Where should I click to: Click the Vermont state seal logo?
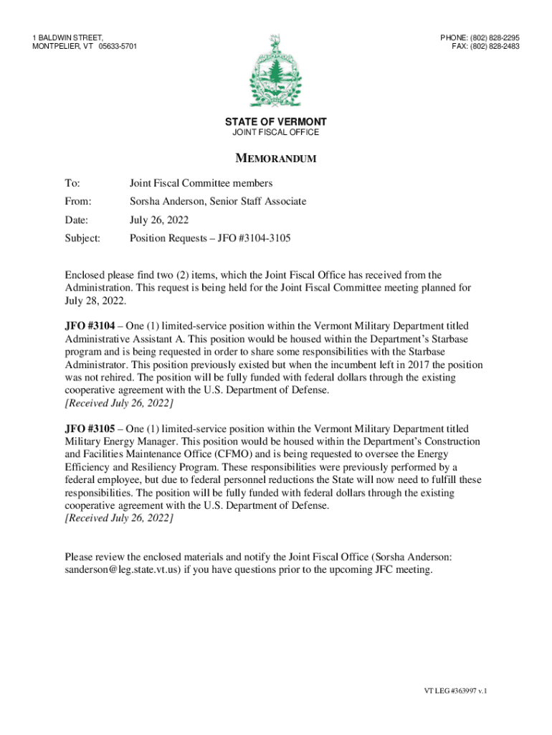coord(275,71)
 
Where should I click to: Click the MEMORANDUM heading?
coord(276,159)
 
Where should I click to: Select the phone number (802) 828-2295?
coord(495,37)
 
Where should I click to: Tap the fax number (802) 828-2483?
coord(495,47)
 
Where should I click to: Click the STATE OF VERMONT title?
coord(276,122)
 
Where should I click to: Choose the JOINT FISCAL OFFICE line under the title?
coord(276,133)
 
